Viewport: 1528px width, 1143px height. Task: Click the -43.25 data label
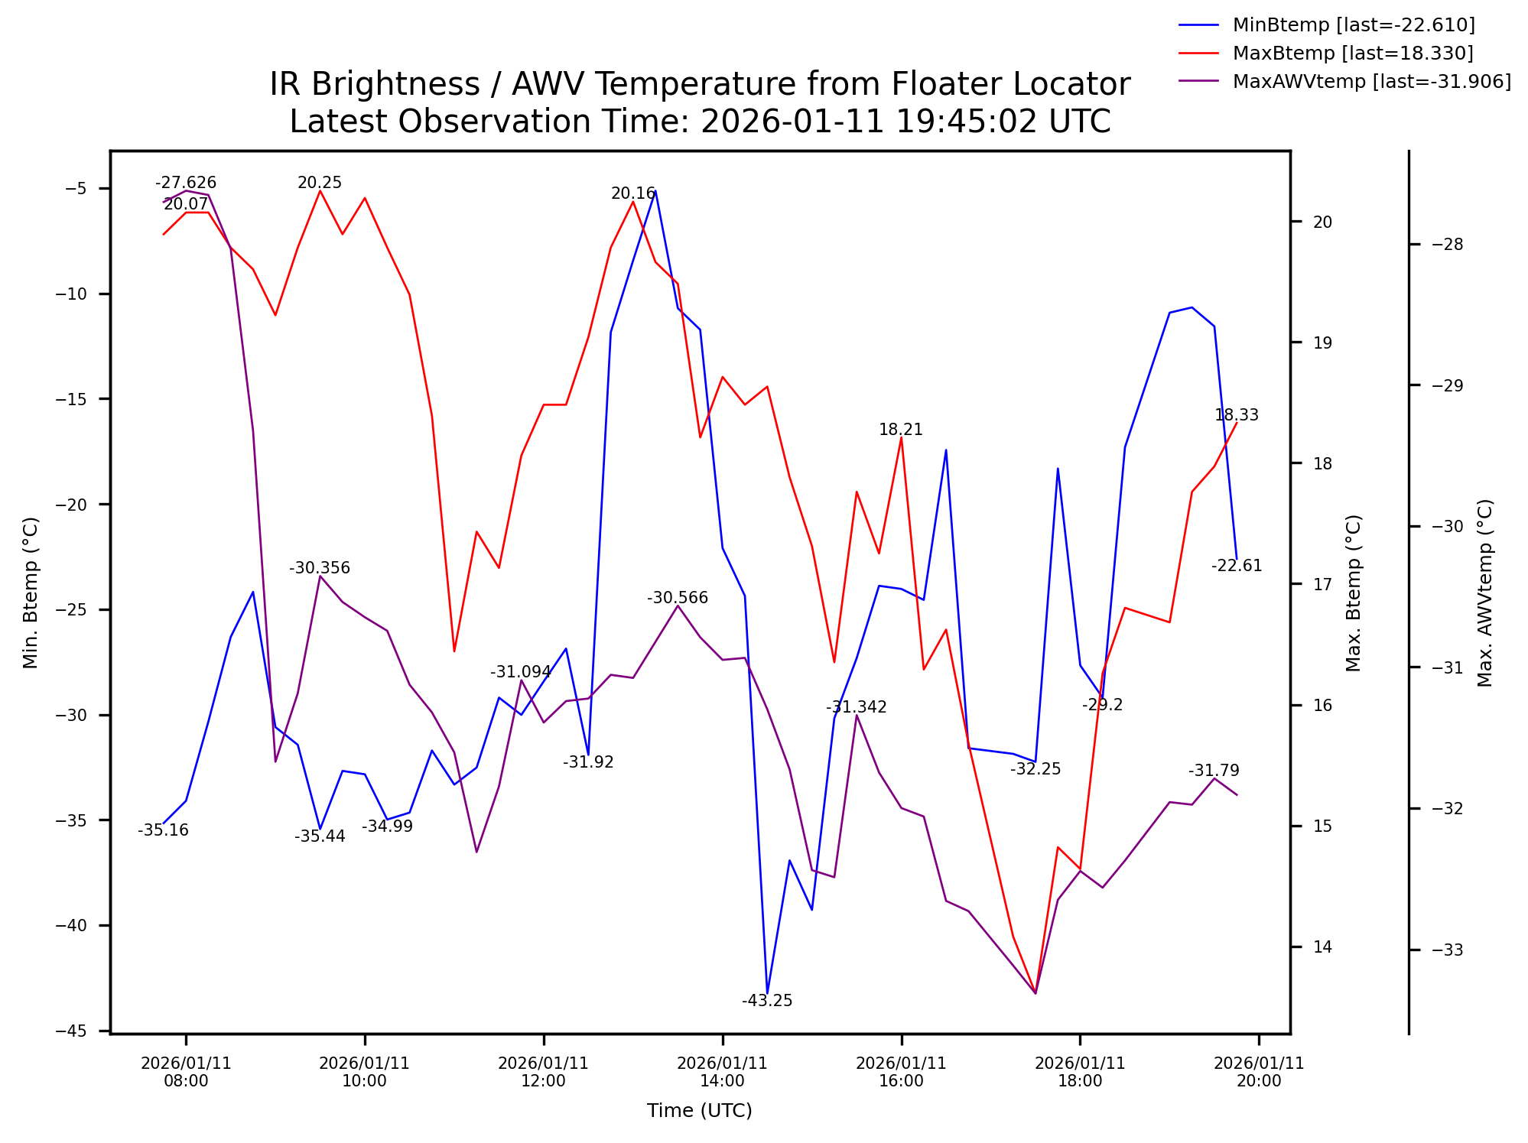pos(767,1001)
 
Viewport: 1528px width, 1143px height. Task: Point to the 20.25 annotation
pos(320,183)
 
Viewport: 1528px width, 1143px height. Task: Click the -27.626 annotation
pos(186,183)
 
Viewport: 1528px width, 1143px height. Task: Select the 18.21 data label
pos(901,430)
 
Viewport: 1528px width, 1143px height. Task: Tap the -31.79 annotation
pos(1214,771)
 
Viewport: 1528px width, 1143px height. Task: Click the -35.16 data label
pos(163,830)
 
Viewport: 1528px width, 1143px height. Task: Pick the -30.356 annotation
pos(320,568)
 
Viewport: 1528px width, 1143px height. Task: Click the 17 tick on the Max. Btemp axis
pos(1322,584)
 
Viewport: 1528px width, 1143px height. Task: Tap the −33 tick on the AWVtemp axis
pos(1447,950)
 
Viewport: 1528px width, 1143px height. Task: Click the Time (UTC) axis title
pos(699,1110)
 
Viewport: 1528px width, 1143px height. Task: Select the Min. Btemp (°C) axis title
pos(31,593)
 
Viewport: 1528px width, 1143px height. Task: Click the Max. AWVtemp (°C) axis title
pos(1484,593)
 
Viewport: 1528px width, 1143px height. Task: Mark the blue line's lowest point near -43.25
pos(767,992)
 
